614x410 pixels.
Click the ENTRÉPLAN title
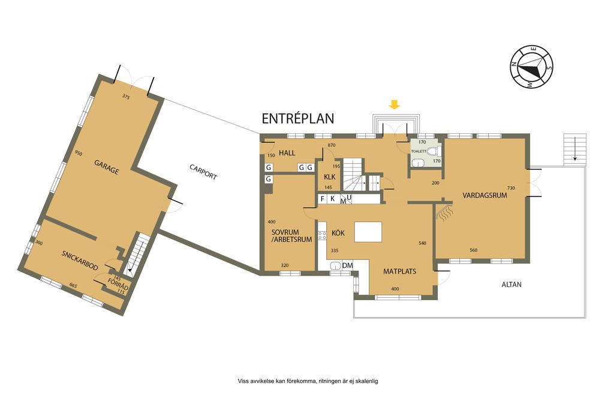(x=297, y=118)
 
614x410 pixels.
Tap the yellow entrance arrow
(x=395, y=104)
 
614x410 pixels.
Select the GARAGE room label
(x=106, y=167)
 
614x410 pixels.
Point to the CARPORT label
(x=203, y=172)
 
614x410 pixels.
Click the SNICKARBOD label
(x=80, y=259)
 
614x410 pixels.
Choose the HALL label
(x=287, y=153)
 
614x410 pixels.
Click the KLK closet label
(x=330, y=176)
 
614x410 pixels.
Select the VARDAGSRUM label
(x=484, y=195)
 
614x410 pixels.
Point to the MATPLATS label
(x=400, y=271)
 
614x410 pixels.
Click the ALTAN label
(x=511, y=285)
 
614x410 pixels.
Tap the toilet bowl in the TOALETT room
(x=433, y=151)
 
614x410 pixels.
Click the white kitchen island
(x=368, y=232)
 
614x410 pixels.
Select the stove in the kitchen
(x=322, y=235)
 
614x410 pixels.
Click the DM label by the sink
(x=348, y=265)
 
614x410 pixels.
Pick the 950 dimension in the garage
(x=79, y=153)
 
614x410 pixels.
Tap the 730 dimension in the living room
(x=511, y=188)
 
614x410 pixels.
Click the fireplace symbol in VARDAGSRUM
(x=444, y=212)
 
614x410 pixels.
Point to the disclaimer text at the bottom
(x=308, y=381)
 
